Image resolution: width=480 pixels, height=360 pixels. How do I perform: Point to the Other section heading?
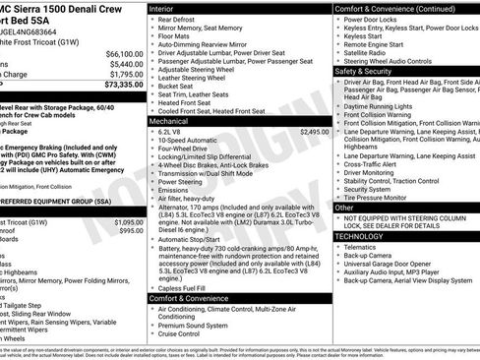(x=345, y=208)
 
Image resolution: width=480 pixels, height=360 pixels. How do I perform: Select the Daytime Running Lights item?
(x=383, y=105)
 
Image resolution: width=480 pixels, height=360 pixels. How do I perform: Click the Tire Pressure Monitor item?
(x=380, y=197)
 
